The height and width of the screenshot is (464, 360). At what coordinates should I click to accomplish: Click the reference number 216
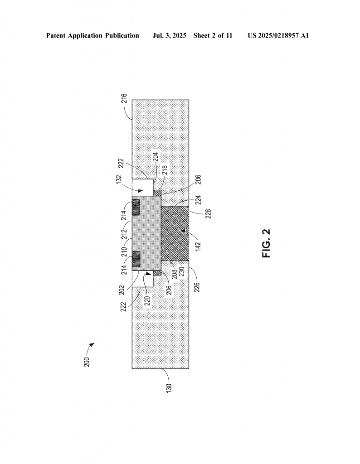(124, 98)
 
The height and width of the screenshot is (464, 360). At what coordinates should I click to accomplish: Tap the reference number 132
(119, 180)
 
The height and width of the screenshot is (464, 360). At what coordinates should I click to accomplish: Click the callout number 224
(198, 200)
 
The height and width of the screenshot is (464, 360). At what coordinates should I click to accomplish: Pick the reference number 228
(209, 214)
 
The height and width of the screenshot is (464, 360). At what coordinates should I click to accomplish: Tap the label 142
(198, 246)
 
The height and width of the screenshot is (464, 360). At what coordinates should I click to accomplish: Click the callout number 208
(175, 274)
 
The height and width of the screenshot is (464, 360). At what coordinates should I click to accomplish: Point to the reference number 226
(197, 287)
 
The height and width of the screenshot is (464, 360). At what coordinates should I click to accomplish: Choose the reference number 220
(147, 300)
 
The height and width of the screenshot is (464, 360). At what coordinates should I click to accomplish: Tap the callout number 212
(124, 234)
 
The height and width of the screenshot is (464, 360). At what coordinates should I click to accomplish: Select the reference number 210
(124, 252)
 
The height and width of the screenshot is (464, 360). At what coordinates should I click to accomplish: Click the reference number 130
(169, 388)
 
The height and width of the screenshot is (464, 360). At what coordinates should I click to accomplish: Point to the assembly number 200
(87, 362)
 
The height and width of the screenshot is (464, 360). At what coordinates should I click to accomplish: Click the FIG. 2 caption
(267, 243)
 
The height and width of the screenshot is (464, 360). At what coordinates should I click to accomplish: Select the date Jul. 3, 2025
(169, 36)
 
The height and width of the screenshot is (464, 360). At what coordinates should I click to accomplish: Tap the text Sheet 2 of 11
(213, 36)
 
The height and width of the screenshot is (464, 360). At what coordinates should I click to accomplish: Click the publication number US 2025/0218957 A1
(278, 36)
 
